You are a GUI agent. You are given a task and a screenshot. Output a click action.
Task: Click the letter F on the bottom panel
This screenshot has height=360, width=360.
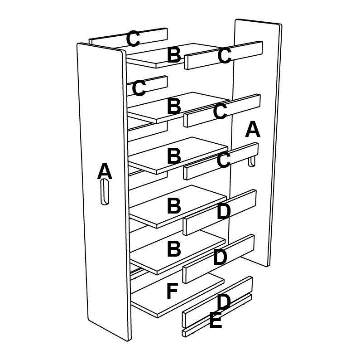[172, 291]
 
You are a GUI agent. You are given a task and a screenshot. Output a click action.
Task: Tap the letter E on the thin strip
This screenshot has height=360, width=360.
[216, 320]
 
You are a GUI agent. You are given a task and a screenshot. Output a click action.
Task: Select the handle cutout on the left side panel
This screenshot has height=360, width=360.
[105, 192]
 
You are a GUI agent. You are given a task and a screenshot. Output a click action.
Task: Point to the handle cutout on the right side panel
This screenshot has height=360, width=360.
[252, 161]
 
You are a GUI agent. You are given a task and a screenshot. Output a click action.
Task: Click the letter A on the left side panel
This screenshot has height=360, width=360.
[105, 171]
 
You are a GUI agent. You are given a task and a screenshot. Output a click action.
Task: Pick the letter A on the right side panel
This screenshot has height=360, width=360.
[253, 129]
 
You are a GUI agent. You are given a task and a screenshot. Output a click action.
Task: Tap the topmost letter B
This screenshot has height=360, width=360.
[174, 54]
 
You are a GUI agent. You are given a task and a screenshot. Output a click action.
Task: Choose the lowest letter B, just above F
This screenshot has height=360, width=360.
[174, 248]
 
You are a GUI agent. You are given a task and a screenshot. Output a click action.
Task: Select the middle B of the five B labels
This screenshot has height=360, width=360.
[174, 156]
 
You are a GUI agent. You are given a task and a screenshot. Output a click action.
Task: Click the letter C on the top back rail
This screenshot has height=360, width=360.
[133, 39]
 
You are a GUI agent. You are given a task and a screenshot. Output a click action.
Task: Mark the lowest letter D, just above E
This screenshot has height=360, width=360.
[223, 302]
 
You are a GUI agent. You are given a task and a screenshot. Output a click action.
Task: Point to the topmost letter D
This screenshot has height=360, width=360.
[223, 212]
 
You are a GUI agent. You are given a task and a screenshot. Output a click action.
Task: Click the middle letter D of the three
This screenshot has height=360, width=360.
[220, 257]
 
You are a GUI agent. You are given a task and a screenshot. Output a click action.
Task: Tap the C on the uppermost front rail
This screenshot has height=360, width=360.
[224, 55]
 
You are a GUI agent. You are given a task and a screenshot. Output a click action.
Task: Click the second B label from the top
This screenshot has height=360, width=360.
[174, 106]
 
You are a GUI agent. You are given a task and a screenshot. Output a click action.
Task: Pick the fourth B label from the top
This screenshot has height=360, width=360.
[174, 205]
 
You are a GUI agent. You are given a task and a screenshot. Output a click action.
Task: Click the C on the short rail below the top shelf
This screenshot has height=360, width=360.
[139, 88]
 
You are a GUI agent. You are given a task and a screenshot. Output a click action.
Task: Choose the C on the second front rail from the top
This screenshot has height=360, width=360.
[220, 111]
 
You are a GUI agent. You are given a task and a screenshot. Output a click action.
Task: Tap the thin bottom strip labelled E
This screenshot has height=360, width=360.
[217, 316]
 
